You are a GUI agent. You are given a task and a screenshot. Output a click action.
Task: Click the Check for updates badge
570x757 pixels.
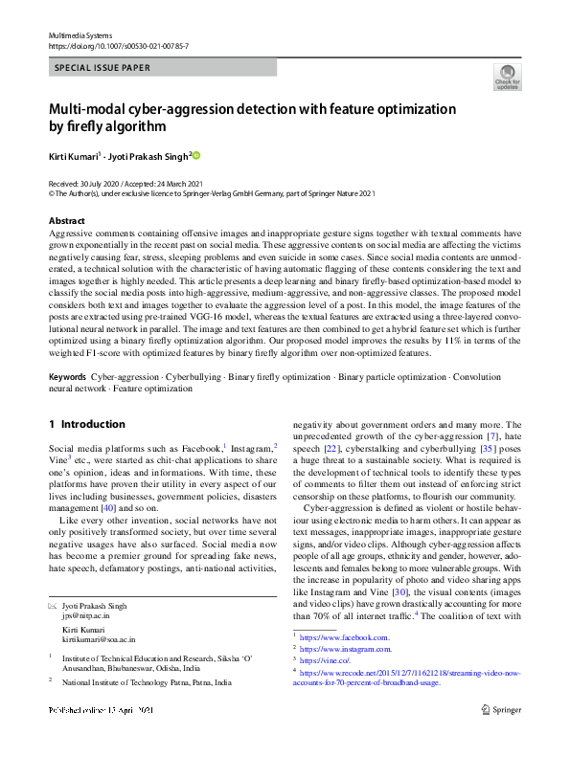coord(507,78)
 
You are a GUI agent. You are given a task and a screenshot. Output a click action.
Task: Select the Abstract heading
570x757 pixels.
coord(67,221)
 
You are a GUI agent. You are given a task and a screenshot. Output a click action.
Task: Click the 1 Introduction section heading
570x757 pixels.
coord(86,423)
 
